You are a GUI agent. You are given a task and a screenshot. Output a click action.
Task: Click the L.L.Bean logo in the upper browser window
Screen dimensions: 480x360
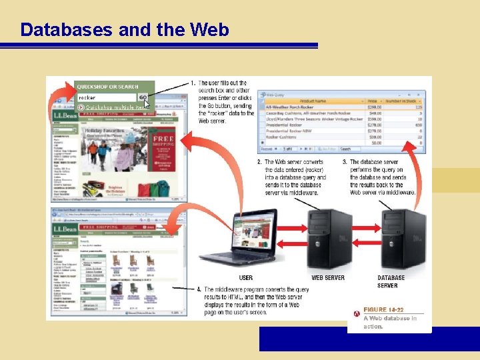[65, 115]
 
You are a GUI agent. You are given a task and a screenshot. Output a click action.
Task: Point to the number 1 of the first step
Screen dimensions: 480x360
[193, 83]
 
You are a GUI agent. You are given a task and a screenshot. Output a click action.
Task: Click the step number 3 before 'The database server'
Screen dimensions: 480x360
[344, 162]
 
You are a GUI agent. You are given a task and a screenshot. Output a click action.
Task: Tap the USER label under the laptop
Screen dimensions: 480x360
[246, 277]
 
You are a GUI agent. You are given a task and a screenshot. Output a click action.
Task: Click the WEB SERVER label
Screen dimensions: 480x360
[328, 277]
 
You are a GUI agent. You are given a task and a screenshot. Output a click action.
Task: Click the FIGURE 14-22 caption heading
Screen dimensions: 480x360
[384, 309]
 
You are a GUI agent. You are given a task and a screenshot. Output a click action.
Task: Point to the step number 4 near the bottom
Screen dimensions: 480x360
[199, 289]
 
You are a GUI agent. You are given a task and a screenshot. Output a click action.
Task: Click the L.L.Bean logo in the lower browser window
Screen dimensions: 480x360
[65, 229]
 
